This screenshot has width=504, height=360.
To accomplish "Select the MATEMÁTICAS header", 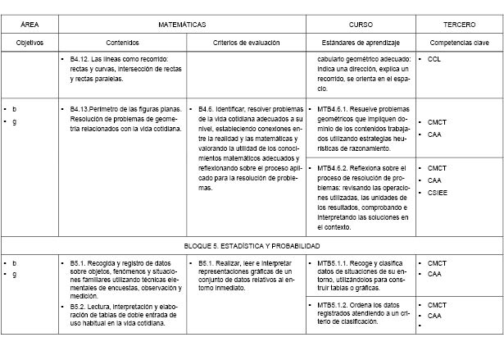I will point(181,25).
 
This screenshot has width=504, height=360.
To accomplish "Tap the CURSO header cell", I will point(361,25).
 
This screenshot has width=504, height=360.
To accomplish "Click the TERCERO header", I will point(459,25).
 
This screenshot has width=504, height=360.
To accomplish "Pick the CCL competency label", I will point(435,60).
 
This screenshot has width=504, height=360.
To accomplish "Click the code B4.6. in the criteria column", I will point(207,107).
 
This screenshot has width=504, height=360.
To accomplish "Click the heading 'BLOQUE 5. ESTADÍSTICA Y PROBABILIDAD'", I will point(251,245).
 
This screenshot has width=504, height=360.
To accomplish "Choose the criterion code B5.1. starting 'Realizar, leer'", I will point(207,263).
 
